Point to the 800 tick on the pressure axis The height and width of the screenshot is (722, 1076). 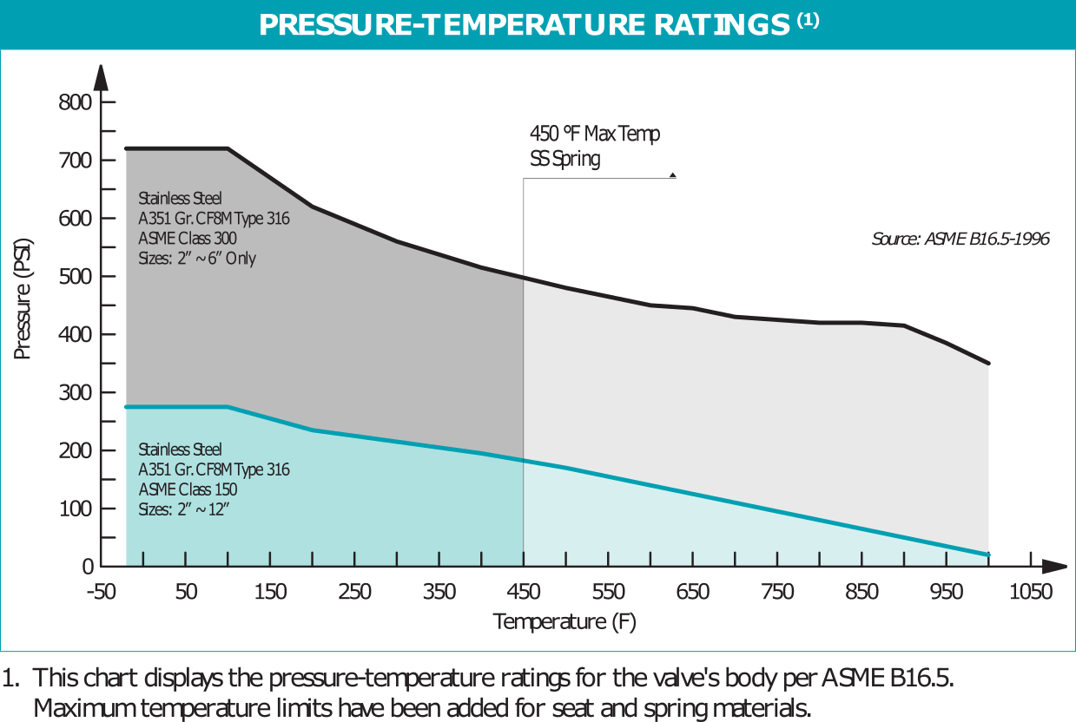pos(76,102)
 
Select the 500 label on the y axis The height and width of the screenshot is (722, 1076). pos(76,277)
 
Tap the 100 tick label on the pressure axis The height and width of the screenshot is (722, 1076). pos(76,509)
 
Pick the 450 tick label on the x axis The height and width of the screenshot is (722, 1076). pos(523,593)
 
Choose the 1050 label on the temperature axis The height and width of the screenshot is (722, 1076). pos(1031,593)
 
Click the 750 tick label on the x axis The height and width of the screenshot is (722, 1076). pos(776,593)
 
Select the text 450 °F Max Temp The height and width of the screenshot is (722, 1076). pos(595,135)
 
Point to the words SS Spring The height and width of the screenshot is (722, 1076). pos(564,160)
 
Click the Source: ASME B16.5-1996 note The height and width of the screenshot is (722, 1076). pos(960,239)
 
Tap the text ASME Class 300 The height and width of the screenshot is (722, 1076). pos(188,238)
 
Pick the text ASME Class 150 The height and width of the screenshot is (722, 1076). pos(188,489)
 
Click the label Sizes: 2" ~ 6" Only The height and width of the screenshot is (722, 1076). pos(197,258)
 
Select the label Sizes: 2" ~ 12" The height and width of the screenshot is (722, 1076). pos(183,509)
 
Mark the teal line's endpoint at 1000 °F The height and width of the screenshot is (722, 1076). pos(988,555)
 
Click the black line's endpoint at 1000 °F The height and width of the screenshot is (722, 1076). pos(988,364)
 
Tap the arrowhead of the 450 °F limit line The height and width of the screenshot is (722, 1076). pos(672,176)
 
